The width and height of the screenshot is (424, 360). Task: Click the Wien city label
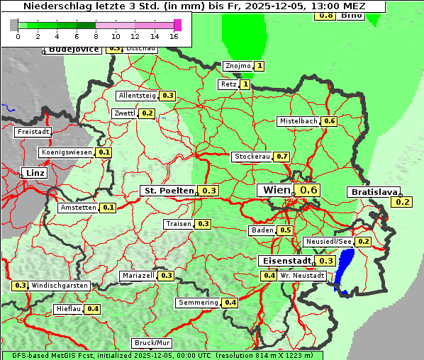(277, 190)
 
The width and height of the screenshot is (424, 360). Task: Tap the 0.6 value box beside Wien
(309, 190)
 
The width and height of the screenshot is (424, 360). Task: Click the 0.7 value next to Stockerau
(282, 156)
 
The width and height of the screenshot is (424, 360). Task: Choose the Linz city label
(35, 173)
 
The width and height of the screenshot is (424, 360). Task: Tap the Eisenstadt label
(284, 260)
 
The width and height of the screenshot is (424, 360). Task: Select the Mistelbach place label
(298, 121)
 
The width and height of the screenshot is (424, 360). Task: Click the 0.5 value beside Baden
(286, 230)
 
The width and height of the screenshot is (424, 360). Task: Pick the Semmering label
(198, 303)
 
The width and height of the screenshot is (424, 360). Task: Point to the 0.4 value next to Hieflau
(93, 309)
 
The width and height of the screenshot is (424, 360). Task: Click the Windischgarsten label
(60, 286)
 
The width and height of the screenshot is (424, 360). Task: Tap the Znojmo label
(238, 66)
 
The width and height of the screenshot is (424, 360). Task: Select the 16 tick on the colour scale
(174, 36)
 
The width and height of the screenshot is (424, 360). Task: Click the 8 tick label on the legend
(96, 36)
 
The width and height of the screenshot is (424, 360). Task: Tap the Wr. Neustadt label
(302, 275)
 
